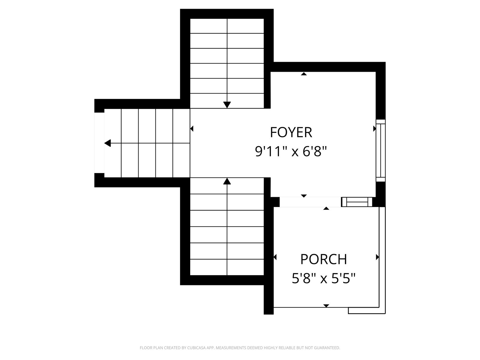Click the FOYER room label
pyautogui.click(x=291, y=132)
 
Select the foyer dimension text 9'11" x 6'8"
pyautogui.click(x=291, y=151)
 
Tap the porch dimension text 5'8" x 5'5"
pyautogui.click(x=324, y=278)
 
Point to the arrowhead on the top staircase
pyautogui.click(x=227, y=105)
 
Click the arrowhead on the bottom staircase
pyautogui.click(x=227, y=181)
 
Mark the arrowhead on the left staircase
pyautogui.click(x=108, y=143)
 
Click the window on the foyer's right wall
pyautogui.click(x=380, y=150)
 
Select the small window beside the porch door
pyautogui.click(x=357, y=202)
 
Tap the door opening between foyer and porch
pyautogui.click(x=310, y=202)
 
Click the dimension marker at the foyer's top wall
pyautogui.click(x=304, y=74)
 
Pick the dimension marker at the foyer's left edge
pyautogui.click(x=192, y=129)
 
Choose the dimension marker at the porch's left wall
pyautogui.click(x=275, y=257)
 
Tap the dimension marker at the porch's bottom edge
pyautogui.click(x=326, y=306)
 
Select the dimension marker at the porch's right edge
pyautogui.click(x=377, y=257)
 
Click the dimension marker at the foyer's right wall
pyautogui.click(x=374, y=129)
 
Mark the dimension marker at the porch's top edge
pyautogui.click(x=326, y=208)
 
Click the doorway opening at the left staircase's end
pyautogui.click(x=99, y=143)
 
